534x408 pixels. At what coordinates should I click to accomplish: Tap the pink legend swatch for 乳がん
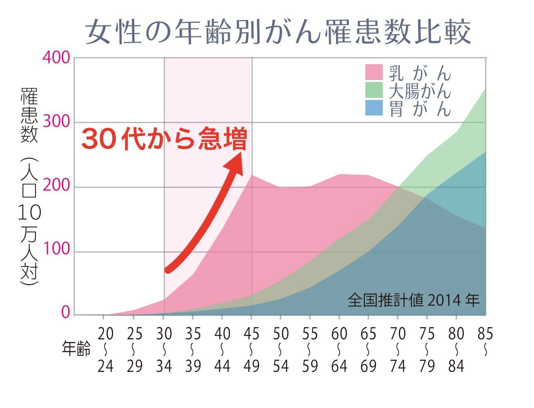pos(374,72)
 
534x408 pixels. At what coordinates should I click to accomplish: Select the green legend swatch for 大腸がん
pos(374,90)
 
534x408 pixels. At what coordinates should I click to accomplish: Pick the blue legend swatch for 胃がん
pos(374,108)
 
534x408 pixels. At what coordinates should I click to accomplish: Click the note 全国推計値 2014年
pos(413,301)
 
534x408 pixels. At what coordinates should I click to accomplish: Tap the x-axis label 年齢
pos(76,349)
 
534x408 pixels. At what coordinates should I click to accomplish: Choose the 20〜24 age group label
pos(105,350)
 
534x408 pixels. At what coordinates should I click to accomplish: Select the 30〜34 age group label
pos(164,350)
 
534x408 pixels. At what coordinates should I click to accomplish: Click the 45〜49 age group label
pos(251,350)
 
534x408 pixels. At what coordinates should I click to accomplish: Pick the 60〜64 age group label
pos(339,350)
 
